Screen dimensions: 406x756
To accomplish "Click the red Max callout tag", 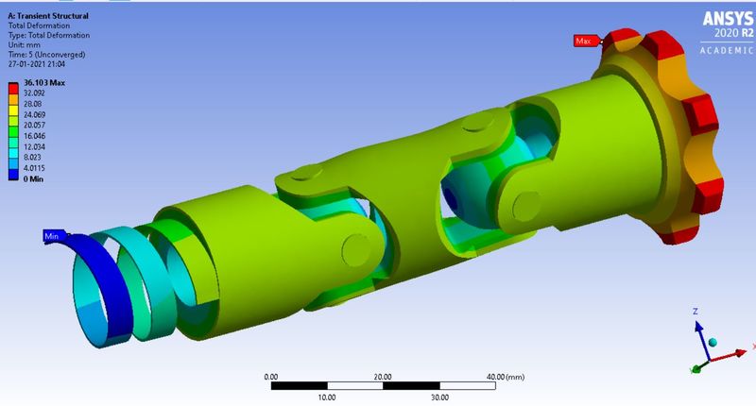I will pyautogui.click(x=584, y=41).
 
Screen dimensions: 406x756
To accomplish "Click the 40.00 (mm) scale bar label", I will pyautogui.click(x=505, y=376).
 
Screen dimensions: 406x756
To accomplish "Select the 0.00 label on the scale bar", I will pyautogui.click(x=270, y=376).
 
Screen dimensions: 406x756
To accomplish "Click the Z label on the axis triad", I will pyautogui.click(x=695, y=311).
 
